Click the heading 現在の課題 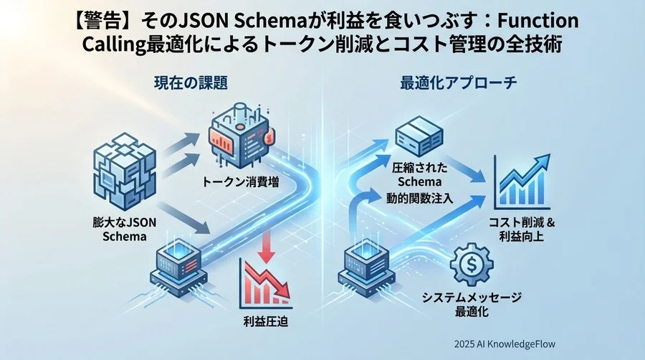click(x=191, y=83)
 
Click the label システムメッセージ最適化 click(x=470, y=305)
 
